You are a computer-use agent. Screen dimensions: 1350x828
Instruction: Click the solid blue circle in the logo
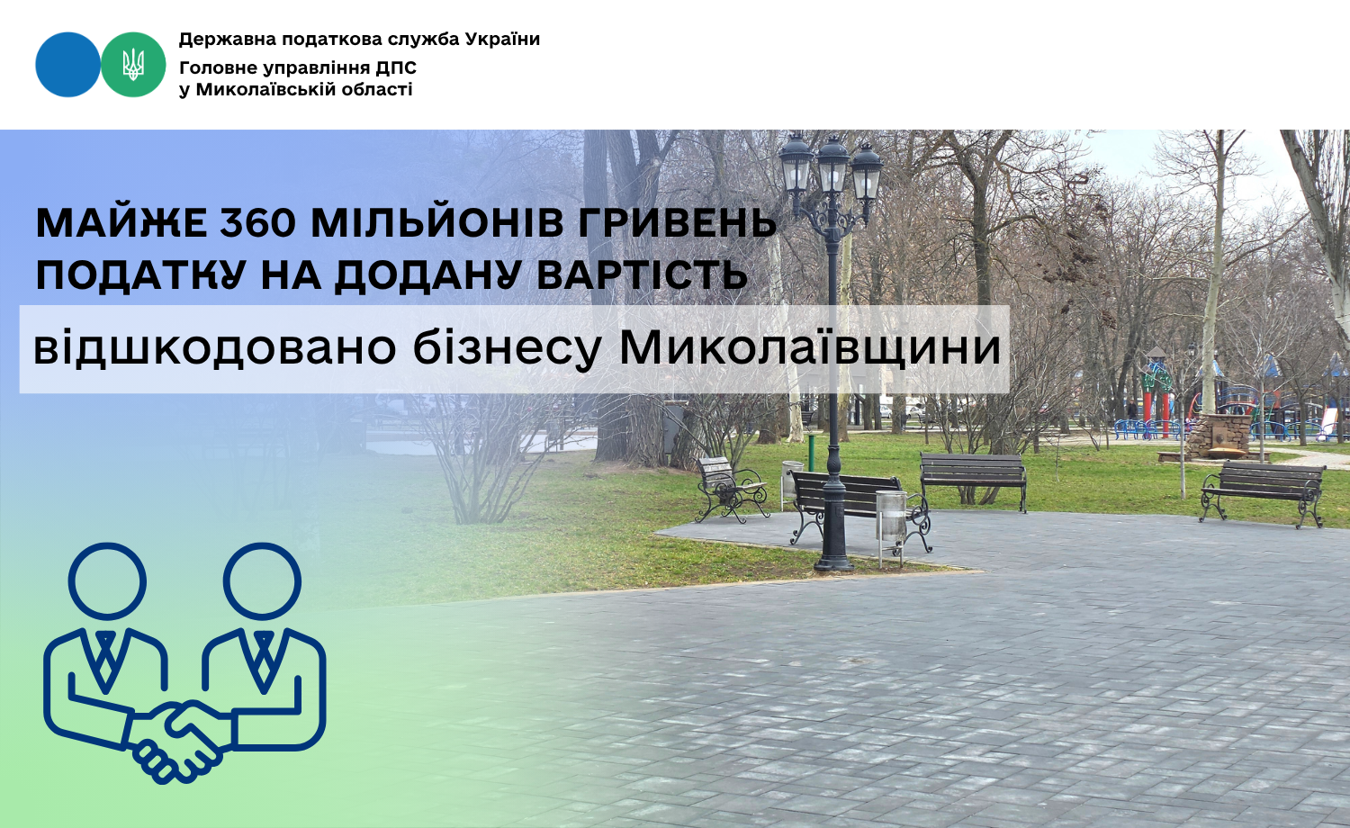pos(67,65)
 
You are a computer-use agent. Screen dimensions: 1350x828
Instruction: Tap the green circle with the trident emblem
pos(133,65)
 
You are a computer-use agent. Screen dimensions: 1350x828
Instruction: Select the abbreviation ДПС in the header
pos(396,67)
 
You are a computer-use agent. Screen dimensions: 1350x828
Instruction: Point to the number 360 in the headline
pos(257,223)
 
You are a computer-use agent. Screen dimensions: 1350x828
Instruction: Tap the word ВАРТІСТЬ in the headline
pos(641,275)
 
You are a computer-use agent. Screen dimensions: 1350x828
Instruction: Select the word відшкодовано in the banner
pos(214,348)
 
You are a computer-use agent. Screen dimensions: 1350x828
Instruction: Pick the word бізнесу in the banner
pos(507,348)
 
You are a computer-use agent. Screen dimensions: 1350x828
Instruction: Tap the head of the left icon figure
pos(107,582)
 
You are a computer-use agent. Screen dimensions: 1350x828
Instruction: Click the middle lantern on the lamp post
pos(832,165)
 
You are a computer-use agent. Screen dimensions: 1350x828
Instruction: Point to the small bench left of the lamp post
pos(731,488)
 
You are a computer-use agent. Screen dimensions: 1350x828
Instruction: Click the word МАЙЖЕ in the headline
pos(121,223)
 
